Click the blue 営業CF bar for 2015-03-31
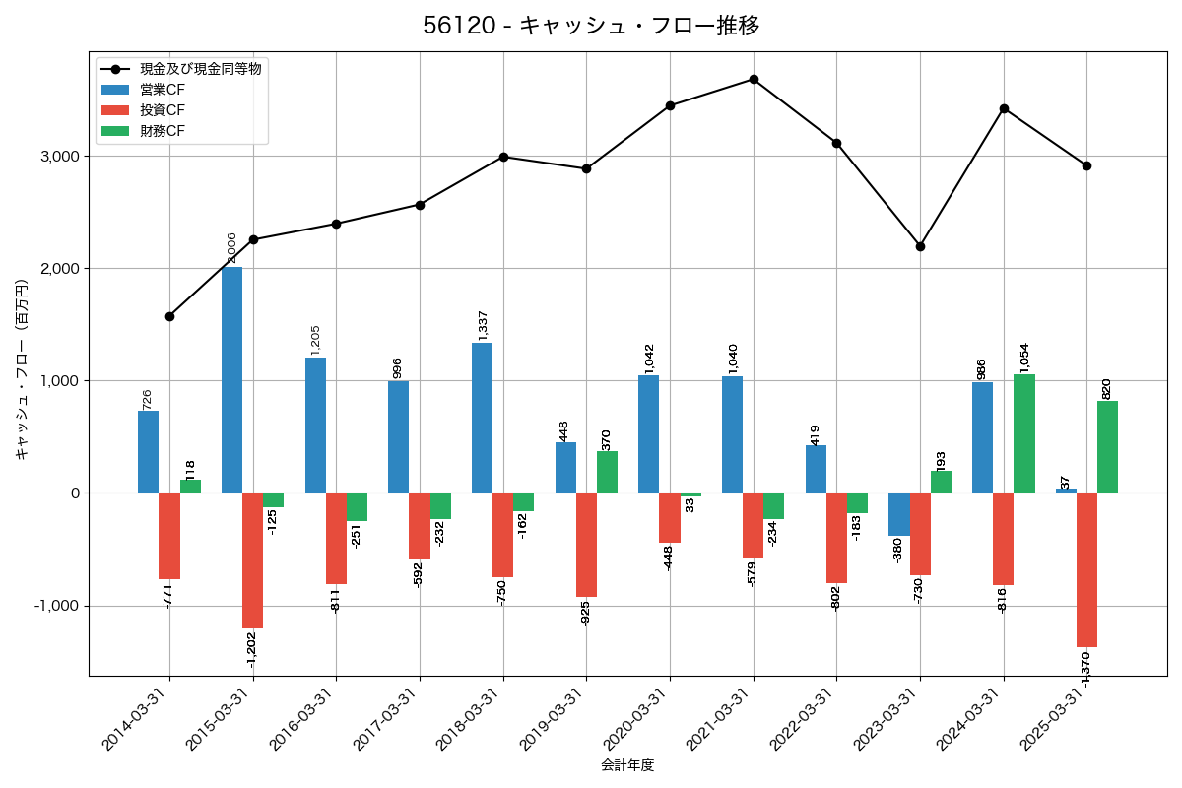[x=231, y=379]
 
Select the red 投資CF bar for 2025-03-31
[x=1086, y=569]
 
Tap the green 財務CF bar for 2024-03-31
[x=1024, y=433]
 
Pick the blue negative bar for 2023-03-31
[x=898, y=514]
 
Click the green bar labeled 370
[x=607, y=472]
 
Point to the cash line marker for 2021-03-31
[x=754, y=79]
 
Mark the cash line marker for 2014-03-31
[x=169, y=316]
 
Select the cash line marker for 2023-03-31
[x=920, y=246]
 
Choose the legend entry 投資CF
[x=163, y=110]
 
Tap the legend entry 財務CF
[x=163, y=130]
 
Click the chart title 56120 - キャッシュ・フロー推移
[x=591, y=26]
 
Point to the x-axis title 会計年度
[x=627, y=765]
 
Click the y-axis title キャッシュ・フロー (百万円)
[x=22, y=369]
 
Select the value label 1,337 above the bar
[x=483, y=325]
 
